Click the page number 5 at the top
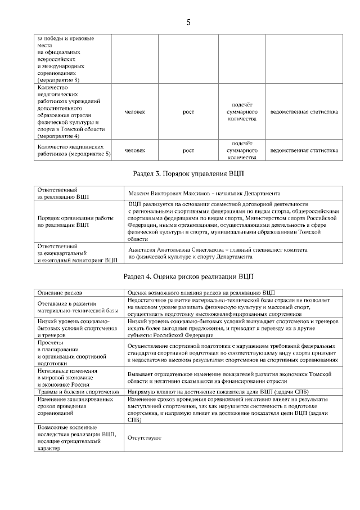(188, 23)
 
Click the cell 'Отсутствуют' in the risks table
(145, 437)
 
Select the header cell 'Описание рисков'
(60, 293)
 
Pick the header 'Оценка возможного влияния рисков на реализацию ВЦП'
(201, 293)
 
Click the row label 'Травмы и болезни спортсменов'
(78, 391)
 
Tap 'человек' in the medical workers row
(134, 150)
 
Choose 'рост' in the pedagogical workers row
(188, 111)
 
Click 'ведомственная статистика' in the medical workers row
(304, 150)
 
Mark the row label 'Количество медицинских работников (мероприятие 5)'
(74, 150)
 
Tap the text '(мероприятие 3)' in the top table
(58, 80)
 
